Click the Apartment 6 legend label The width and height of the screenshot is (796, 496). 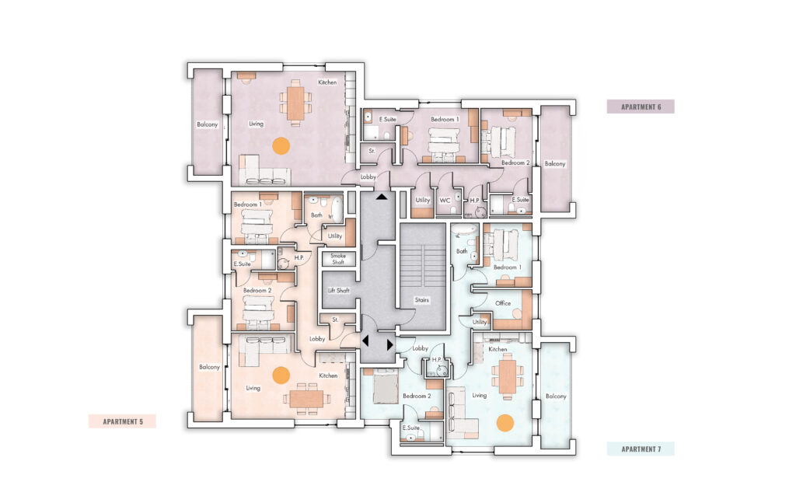pyautogui.click(x=641, y=107)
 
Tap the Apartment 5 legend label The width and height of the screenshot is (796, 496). pyautogui.click(x=122, y=421)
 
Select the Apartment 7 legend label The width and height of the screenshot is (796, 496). pyautogui.click(x=641, y=449)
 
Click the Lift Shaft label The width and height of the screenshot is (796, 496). pyautogui.click(x=339, y=291)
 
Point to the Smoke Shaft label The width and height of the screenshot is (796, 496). pyautogui.click(x=338, y=259)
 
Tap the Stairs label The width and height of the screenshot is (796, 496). pyautogui.click(x=422, y=300)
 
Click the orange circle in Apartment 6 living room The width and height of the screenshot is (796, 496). pyautogui.click(x=281, y=145)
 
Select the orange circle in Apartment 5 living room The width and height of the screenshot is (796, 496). pyautogui.click(x=281, y=375)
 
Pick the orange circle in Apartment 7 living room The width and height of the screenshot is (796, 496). pyautogui.click(x=505, y=423)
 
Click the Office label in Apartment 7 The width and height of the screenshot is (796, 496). pyautogui.click(x=503, y=303)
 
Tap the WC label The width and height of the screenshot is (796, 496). pyautogui.click(x=445, y=201)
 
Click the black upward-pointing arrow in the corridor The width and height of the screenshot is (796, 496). pyautogui.click(x=382, y=196)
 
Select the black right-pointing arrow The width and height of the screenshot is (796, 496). pyautogui.click(x=390, y=344)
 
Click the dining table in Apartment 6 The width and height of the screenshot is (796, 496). pyautogui.click(x=295, y=103)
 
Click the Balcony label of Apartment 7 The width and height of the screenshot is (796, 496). pyautogui.click(x=555, y=396)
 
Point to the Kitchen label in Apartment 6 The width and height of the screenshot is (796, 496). pyautogui.click(x=327, y=82)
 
